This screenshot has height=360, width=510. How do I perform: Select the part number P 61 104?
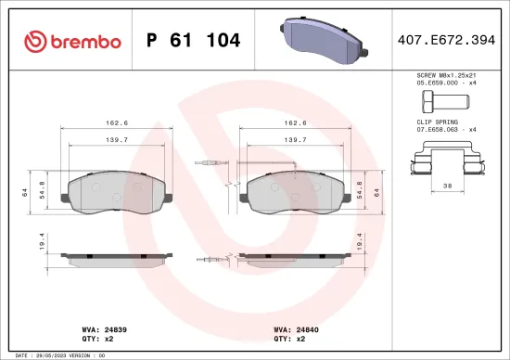tap(194, 41)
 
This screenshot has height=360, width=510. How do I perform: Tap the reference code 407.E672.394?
tap(444, 41)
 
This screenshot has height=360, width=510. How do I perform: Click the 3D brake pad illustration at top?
tap(321, 41)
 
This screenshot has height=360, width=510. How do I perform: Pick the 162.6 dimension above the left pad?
tap(115, 122)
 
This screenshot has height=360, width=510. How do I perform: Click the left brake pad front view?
tap(116, 192)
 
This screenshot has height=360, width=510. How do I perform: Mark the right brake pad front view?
tap(294, 192)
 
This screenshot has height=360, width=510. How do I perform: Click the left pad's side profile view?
tap(116, 256)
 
